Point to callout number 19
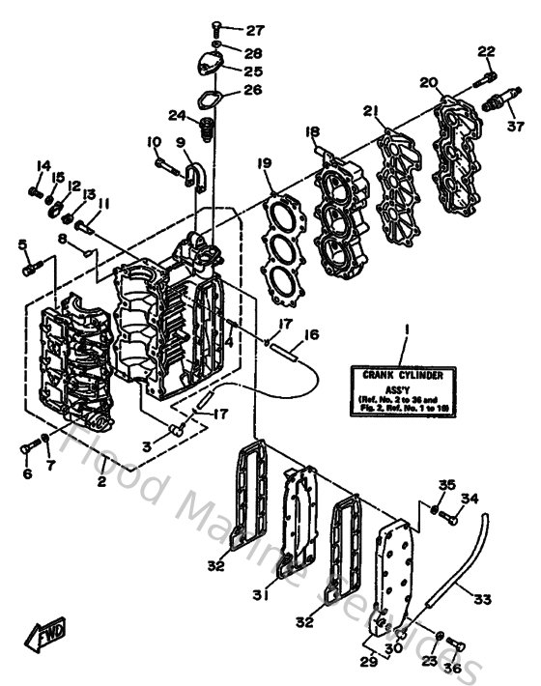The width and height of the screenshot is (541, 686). click(x=266, y=165)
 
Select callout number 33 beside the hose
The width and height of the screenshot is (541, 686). click(x=482, y=599)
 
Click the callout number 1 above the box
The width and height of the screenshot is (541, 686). click(x=407, y=330)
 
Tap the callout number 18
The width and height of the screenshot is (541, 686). click(x=312, y=131)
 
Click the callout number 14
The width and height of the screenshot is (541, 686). click(x=43, y=166)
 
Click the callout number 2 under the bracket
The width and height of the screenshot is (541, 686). click(x=100, y=480)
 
